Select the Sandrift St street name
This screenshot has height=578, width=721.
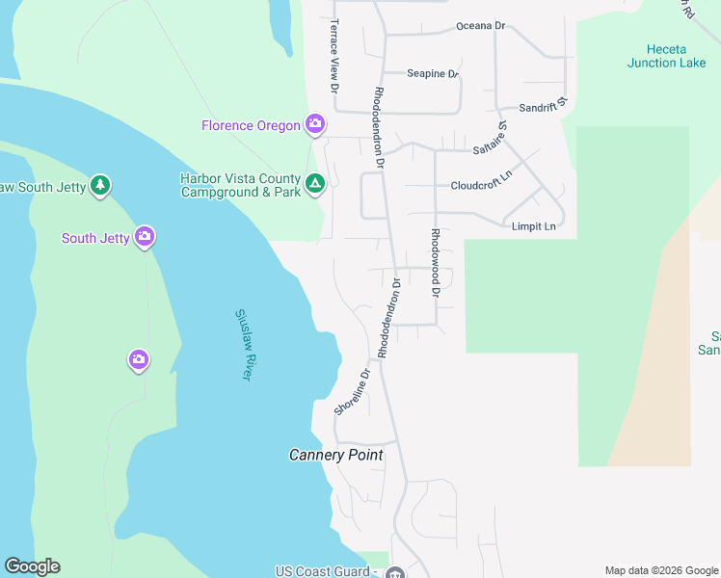coord(545,108)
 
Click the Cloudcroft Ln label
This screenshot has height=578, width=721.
coord(481,185)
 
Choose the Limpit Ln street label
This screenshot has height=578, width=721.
coord(534,226)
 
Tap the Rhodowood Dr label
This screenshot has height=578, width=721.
coord(436,262)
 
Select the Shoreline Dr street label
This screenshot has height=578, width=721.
coord(352,393)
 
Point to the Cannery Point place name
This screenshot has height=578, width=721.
coord(336,455)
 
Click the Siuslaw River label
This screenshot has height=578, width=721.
coord(243,344)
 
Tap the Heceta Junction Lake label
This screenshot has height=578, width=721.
coord(666,56)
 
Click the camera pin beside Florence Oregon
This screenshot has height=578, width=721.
coord(314,123)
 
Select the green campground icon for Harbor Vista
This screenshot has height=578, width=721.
coord(314,183)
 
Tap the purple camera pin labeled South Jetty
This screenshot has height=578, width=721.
coord(145,236)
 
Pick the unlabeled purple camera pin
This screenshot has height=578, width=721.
coord(139,359)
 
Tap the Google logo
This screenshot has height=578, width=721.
coord(32,566)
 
